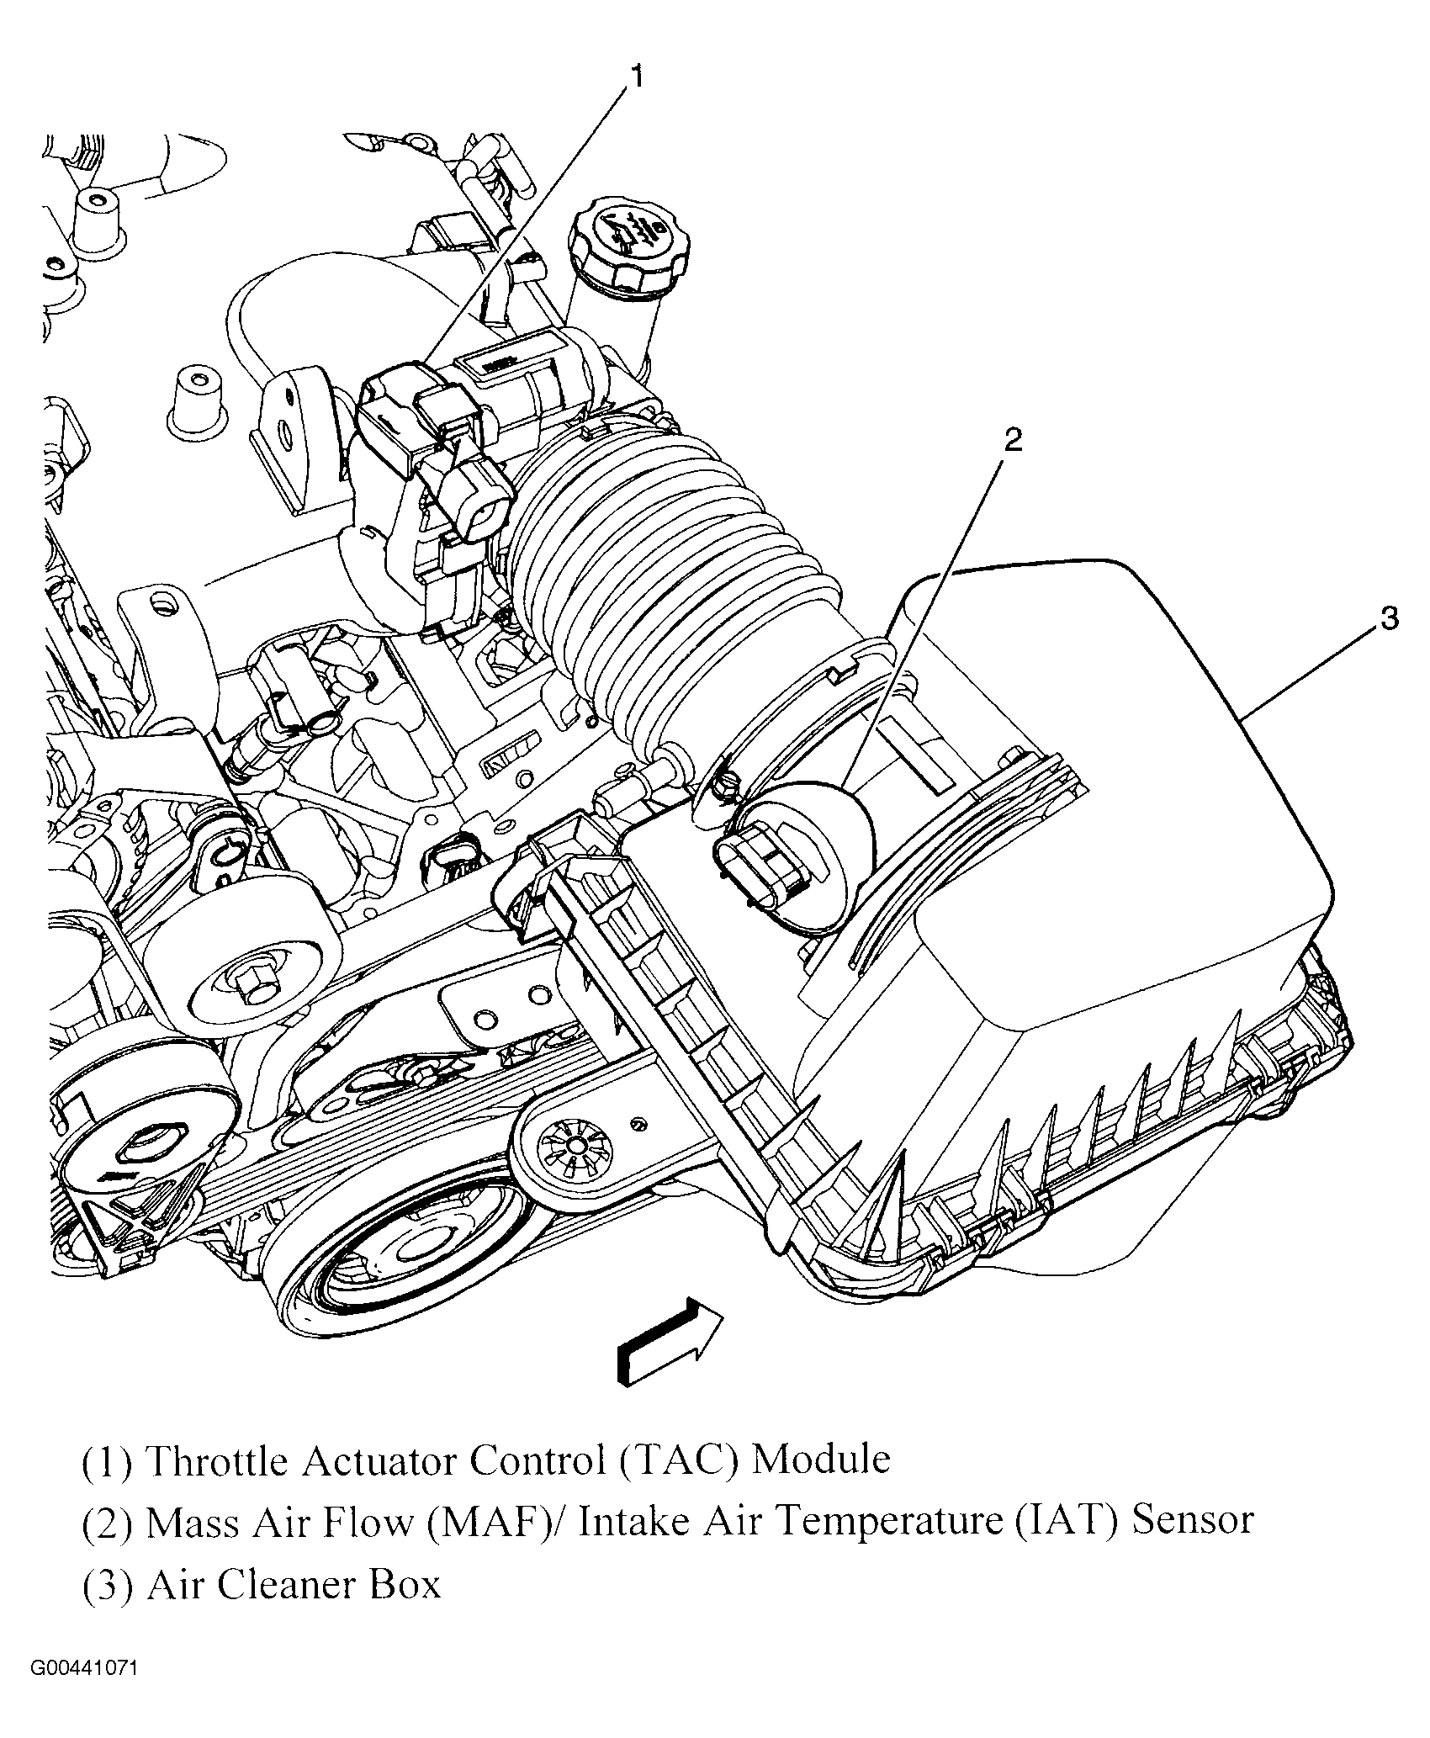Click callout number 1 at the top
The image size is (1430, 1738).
(637, 77)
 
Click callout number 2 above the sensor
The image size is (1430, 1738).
(1013, 439)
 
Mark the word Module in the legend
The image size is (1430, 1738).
(820, 1460)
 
